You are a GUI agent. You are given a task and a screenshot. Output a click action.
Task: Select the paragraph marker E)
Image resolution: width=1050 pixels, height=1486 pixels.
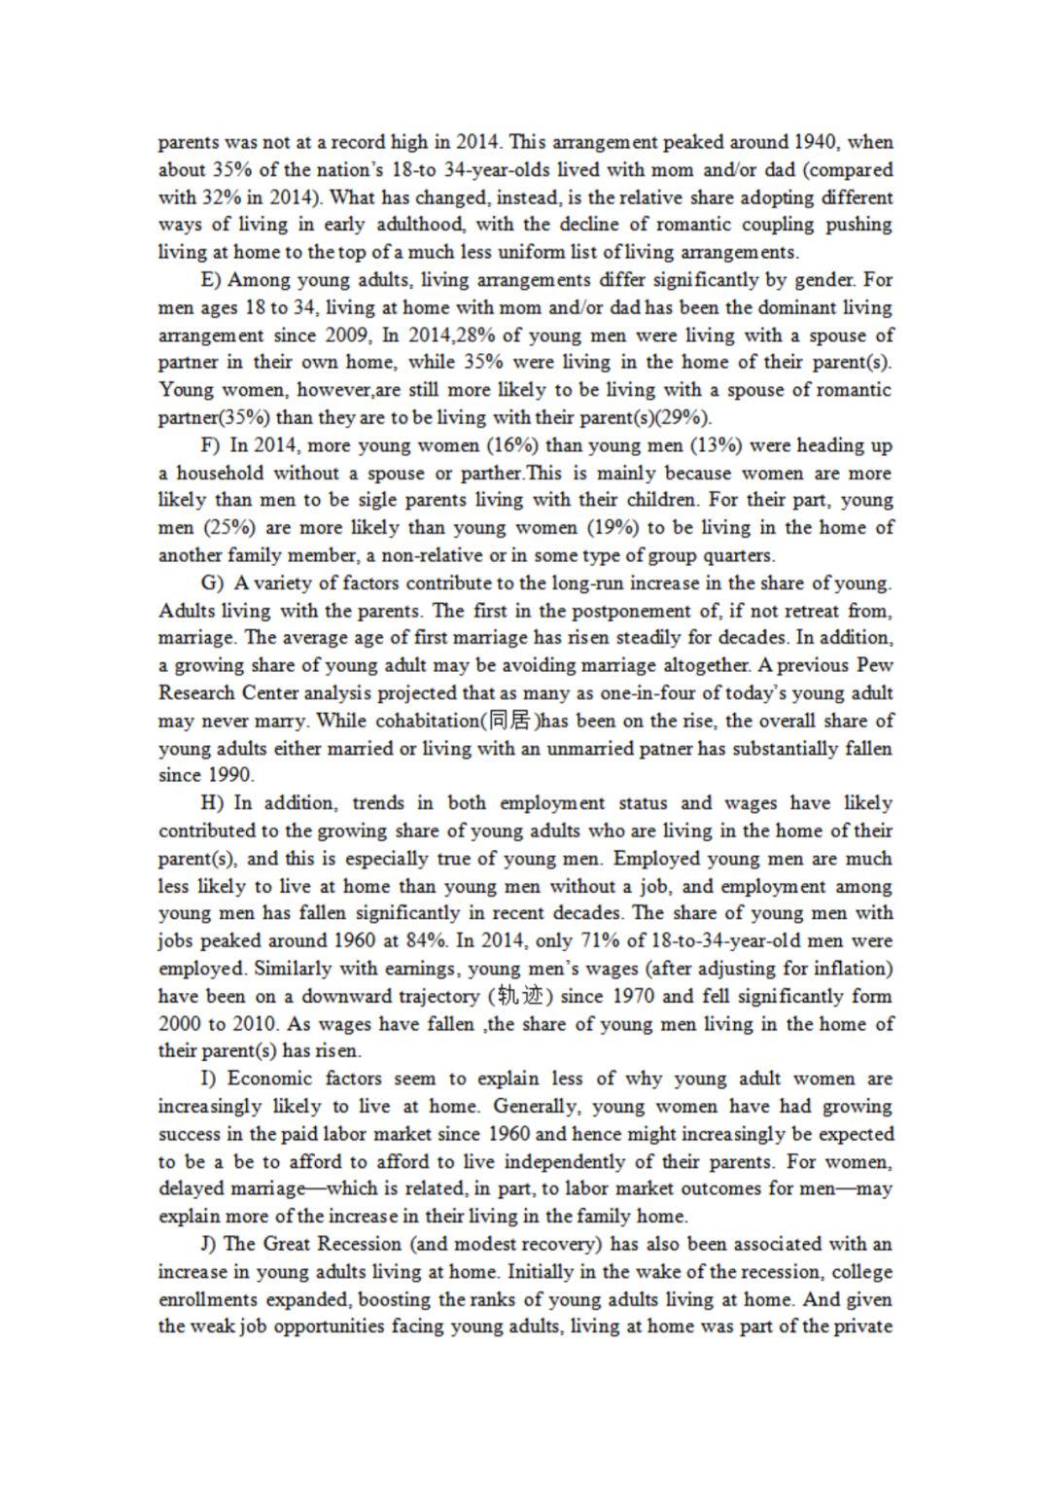(x=211, y=280)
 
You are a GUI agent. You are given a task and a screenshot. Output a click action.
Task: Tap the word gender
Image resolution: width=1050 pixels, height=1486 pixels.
(x=825, y=280)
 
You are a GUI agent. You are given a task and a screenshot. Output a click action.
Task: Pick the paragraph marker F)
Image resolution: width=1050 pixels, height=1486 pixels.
(x=211, y=445)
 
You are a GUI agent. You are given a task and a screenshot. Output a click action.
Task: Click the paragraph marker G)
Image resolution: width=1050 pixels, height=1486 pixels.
(x=212, y=584)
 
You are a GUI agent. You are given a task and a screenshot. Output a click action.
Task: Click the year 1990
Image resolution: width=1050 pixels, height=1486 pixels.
(x=230, y=776)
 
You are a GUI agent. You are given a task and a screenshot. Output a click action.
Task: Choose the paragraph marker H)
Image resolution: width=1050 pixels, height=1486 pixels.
(x=212, y=803)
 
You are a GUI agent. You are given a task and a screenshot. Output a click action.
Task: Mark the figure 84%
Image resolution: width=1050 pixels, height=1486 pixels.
(x=424, y=941)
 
